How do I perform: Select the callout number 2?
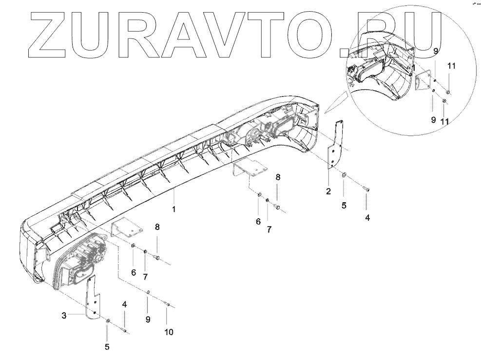click(x=328, y=190)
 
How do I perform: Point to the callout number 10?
click(x=169, y=333)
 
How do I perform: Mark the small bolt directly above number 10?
click(x=167, y=305)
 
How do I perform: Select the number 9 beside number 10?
click(x=148, y=319)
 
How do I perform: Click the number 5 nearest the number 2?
click(x=344, y=206)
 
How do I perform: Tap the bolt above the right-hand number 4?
click(x=366, y=188)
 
